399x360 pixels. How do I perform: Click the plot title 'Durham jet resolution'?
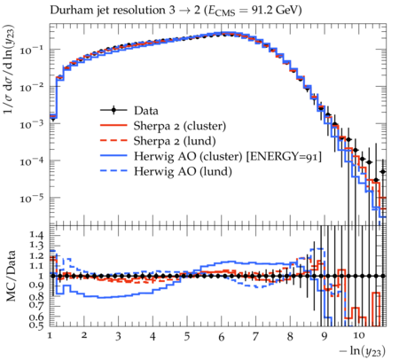[x=107, y=11]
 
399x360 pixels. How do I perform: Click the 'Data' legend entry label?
[x=146, y=111]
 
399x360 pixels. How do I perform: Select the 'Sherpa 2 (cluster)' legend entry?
[x=180, y=126]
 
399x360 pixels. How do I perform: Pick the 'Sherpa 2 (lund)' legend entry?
[x=175, y=141]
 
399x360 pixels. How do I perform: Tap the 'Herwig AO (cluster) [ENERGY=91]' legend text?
[x=228, y=156]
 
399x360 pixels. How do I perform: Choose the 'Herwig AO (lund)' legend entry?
[x=183, y=171]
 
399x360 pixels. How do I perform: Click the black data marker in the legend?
[x=113, y=111]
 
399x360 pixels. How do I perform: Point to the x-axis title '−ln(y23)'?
[x=363, y=351]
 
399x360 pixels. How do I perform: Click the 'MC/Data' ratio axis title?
[x=12, y=276]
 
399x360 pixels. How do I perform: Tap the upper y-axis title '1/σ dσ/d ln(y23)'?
[x=9, y=69]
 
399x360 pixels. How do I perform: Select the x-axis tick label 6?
[x=222, y=337]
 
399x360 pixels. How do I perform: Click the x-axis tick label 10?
[x=359, y=336]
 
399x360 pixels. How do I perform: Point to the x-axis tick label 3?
[x=118, y=336]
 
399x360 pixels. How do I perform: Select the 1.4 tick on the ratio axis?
[x=36, y=235]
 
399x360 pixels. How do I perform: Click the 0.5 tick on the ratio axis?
[x=36, y=325]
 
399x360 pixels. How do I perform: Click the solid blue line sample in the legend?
[x=113, y=156]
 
